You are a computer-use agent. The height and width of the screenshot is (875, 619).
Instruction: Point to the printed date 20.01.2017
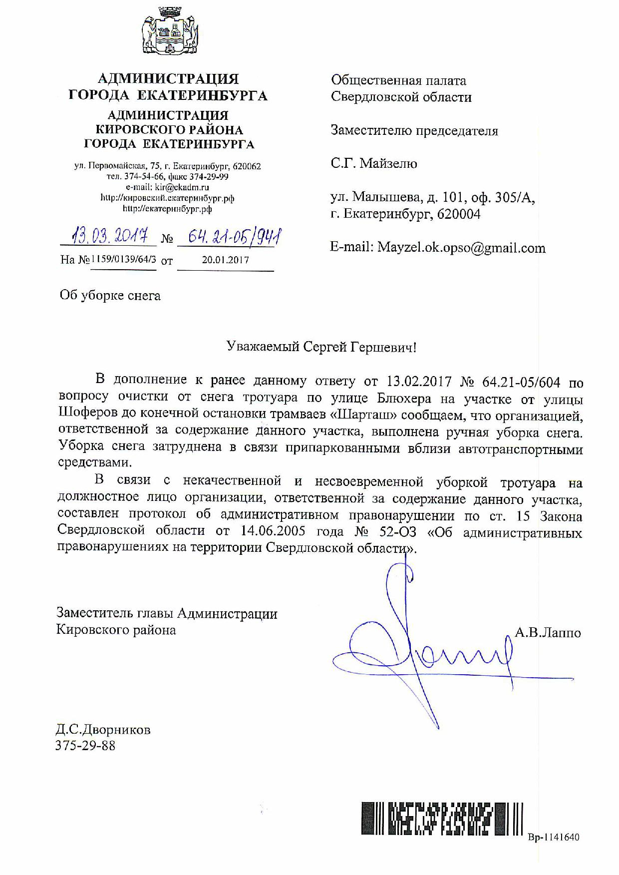225,260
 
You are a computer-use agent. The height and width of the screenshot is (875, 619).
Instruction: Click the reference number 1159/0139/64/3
123,260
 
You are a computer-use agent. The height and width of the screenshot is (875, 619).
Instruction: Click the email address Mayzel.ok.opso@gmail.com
461,248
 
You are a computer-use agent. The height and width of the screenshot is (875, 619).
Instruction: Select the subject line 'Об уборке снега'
110,296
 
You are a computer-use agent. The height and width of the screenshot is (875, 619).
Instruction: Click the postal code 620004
459,214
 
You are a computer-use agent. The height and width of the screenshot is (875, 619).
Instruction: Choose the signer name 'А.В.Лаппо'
548,633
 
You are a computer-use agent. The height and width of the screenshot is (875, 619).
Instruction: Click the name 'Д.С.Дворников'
103,730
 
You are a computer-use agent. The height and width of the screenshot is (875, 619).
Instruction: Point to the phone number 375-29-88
86,746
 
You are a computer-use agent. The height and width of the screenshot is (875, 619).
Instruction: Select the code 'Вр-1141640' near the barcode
554,838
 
